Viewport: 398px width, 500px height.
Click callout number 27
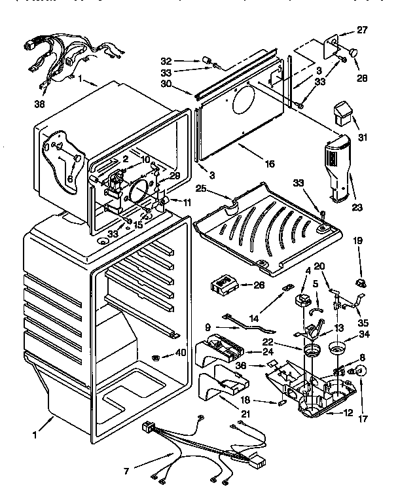[x=362, y=29]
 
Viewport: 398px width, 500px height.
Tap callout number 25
[x=202, y=190]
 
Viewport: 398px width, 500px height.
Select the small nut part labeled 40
[x=156, y=357]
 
